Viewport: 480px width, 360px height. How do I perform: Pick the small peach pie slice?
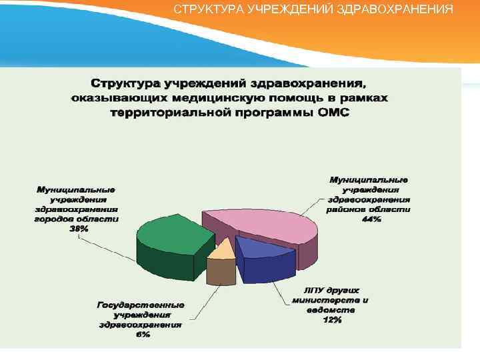coord(221,251)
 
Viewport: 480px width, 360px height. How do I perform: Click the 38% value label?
coord(78,228)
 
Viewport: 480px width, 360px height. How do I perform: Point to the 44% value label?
coord(371,219)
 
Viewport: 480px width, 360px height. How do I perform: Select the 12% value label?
coord(332,320)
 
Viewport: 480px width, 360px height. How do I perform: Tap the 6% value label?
coord(142,335)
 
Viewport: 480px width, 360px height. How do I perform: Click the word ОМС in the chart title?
coord(333,112)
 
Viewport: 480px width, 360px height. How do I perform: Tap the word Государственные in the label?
coord(141,305)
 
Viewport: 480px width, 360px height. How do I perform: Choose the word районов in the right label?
coord(346,209)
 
